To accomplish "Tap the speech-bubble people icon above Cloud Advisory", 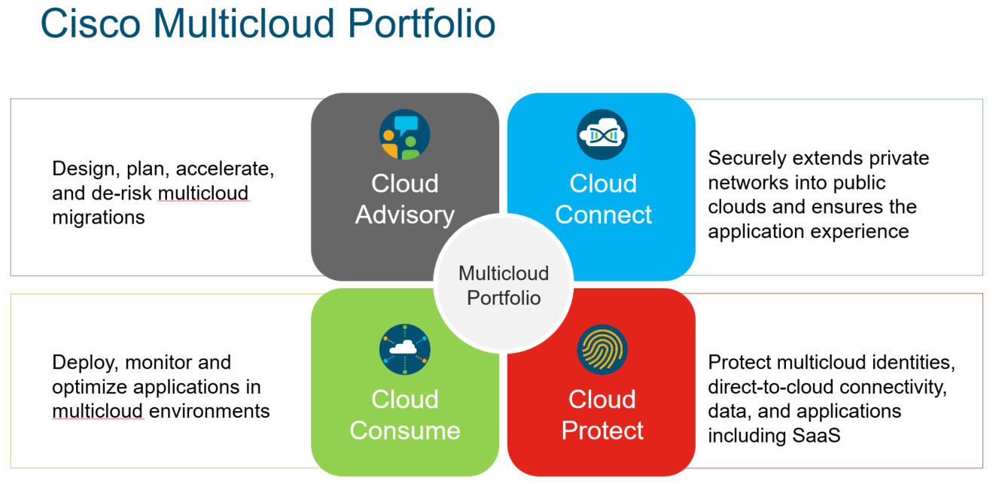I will click(x=404, y=135).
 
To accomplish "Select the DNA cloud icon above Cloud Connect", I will click(x=602, y=135).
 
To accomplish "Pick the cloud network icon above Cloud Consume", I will click(x=404, y=349).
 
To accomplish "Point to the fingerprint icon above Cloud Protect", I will click(x=602, y=349).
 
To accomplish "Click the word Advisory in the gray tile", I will click(x=405, y=215).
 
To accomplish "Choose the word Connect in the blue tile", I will click(x=603, y=215).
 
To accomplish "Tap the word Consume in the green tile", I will click(x=405, y=431).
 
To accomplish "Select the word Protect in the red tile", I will click(x=602, y=431).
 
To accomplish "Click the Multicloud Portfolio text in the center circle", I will click(x=504, y=285).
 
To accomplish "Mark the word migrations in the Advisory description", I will click(x=98, y=218).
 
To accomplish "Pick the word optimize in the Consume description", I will click(x=90, y=387).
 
